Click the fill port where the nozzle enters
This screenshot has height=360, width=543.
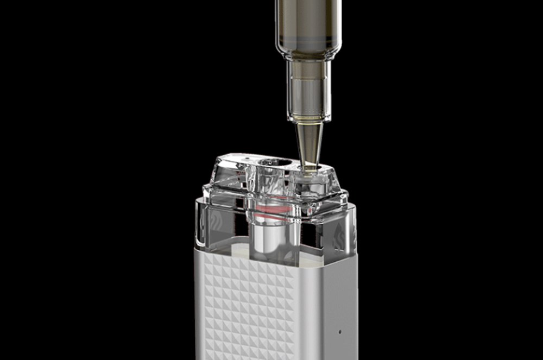coord(308,170)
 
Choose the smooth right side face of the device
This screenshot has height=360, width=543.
coord(339,304)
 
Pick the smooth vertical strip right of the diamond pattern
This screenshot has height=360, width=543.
coord(310,310)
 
